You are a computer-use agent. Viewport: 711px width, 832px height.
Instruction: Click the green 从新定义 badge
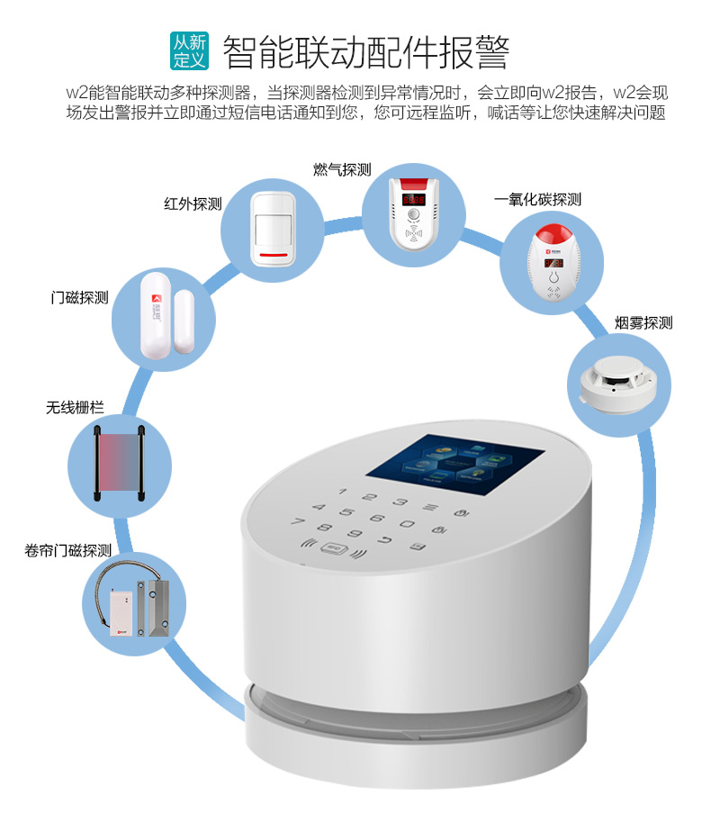[x=190, y=51]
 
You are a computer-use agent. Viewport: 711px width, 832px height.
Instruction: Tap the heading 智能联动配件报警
[x=365, y=52]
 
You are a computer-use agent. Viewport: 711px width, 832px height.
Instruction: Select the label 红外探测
[x=193, y=203]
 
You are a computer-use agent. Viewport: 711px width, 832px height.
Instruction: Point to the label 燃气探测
[x=342, y=170]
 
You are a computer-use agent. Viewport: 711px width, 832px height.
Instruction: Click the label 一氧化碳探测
[x=538, y=199]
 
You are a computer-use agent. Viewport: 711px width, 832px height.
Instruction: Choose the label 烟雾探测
[x=643, y=322]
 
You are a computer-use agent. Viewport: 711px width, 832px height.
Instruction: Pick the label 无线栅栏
[x=75, y=408]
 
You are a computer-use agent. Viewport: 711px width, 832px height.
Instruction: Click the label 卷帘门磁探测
[x=67, y=550]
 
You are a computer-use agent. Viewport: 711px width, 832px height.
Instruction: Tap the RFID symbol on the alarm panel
[x=337, y=546]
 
